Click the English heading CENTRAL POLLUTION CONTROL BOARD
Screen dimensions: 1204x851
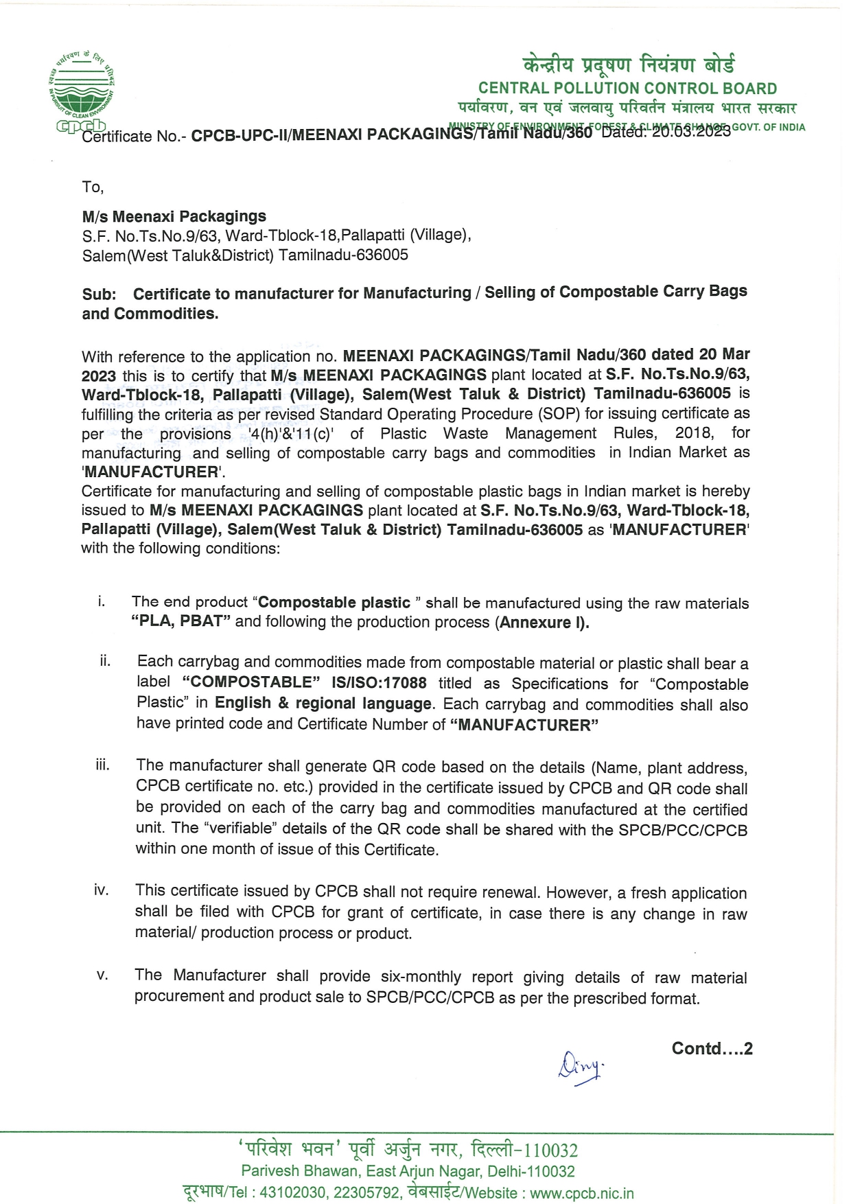(x=627, y=89)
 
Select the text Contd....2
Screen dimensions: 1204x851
(x=712, y=1049)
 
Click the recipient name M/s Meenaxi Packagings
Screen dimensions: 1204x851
(x=174, y=216)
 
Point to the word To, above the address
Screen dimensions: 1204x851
(x=93, y=187)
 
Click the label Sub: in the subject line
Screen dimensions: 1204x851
(x=99, y=294)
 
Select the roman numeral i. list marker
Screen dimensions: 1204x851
(x=102, y=602)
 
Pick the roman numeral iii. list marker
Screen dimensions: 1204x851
(x=102, y=765)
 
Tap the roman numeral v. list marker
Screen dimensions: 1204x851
(x=102, y=975)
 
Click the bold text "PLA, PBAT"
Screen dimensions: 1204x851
(x=180, y=621)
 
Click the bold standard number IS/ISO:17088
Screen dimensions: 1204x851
(x=379, y=682)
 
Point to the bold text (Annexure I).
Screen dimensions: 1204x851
(x=544, y=623)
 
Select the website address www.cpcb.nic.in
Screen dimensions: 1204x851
(x=582, y=1194)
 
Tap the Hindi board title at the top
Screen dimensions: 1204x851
(x=628, y=65)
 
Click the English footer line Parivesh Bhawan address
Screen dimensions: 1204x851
(x=408, y=1171)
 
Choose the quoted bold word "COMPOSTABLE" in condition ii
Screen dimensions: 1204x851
(x=252, y=682)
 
